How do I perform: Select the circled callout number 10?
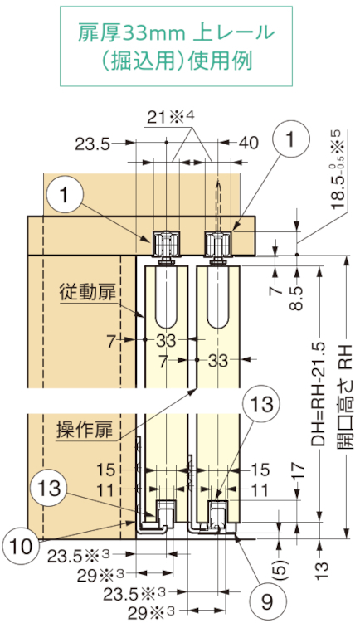click(x=20, y=547)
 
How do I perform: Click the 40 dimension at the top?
click(x=249, y=143)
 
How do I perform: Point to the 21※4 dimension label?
click(x=171, y=118)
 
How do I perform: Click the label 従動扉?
click(x=88, y=293)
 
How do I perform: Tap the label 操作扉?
click(x=85, y=431)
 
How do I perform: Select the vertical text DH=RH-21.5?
click(x=319, y=392)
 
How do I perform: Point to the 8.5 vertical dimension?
click(x=299, y=298)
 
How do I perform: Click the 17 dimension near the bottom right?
click(x=299, y=471)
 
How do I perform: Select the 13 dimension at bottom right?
click(x=323, y=571)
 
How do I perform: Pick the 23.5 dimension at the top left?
click(x=92, y=144)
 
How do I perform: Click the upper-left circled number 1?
click(x=65, y=196)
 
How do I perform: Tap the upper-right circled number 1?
click(x=291, y=139)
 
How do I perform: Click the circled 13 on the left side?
click(x=50, y=488)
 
